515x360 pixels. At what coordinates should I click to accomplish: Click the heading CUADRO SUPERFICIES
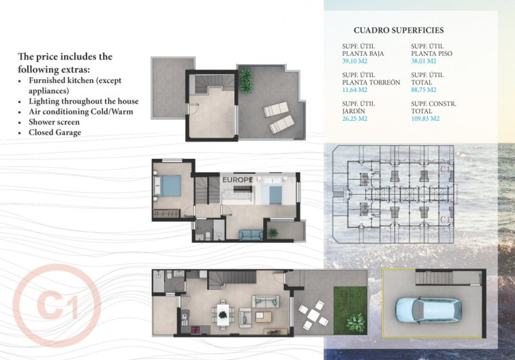tap(399, 30)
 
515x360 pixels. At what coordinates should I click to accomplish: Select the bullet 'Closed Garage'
tap(54, 132)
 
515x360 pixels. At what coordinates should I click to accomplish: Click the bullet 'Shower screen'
tap(54, 122)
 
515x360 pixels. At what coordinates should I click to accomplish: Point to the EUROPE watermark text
tap(238, 180)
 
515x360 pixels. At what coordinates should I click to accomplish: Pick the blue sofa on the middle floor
tap(250, 235)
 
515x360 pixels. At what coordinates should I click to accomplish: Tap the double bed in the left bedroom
tap(170, 185)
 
